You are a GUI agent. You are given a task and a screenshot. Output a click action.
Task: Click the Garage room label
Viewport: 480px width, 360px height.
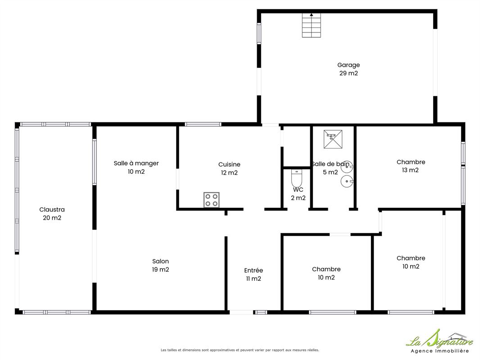[349, 65]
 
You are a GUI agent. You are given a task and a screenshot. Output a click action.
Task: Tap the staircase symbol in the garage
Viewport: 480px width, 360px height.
[311, 25]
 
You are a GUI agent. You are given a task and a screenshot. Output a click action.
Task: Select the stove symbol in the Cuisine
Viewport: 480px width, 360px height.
[212, 200]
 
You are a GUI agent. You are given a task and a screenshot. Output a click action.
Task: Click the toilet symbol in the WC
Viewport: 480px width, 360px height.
[297, 178]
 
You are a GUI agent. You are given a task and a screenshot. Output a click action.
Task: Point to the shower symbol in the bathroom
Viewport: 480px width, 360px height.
[333, 139]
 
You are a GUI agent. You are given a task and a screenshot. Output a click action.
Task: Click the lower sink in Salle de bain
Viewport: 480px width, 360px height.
[347, 181]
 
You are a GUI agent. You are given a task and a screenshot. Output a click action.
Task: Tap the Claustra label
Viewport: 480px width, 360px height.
[52, 210]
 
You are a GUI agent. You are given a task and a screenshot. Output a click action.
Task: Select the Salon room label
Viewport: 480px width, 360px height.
[160, 261]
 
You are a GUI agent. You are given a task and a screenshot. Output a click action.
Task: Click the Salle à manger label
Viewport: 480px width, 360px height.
[136, 163]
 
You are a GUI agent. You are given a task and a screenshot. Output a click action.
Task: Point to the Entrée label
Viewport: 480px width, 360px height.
[254, 270]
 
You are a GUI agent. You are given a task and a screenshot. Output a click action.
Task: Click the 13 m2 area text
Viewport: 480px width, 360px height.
[410, 170]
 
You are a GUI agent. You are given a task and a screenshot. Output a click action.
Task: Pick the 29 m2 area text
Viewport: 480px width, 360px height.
[349, 73]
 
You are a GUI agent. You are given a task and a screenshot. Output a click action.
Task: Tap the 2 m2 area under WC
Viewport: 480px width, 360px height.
[298, 198]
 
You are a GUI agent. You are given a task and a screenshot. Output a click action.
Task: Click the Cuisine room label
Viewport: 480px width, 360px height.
[229, 165]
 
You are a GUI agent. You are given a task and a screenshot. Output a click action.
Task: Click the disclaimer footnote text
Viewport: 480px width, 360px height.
[240, 350]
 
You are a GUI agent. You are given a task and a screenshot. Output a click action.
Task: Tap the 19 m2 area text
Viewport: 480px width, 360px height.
[160, 270]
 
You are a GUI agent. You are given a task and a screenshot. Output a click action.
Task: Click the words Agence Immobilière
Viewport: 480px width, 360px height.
[439, 351]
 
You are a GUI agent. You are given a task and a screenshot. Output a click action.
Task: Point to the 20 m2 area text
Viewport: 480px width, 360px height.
[52, 218]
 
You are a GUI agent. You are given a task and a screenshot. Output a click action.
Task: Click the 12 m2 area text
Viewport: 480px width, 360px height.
[229, 173]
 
